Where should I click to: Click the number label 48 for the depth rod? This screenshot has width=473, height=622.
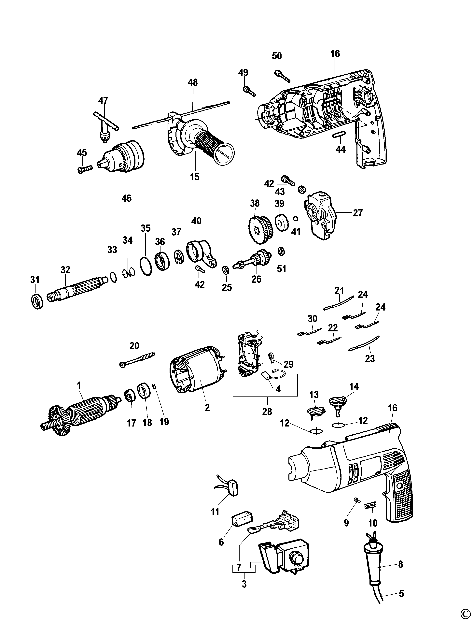pos(193,82)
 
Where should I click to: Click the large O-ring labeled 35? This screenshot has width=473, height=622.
pos(146,266)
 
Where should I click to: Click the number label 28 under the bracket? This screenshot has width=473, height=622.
pos(267,412)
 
